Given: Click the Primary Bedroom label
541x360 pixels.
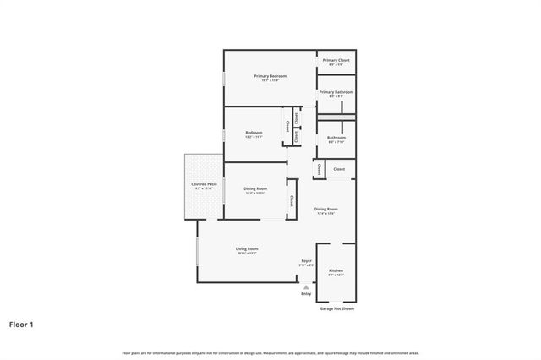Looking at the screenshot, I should [270, 76].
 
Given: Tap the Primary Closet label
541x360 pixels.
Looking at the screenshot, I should [336, 60].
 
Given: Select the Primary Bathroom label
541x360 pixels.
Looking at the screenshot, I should [336, 92].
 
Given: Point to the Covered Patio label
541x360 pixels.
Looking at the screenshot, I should [204, 183].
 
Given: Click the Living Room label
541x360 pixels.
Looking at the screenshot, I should [247, 249].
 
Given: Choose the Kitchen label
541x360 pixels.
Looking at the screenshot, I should [336, 270].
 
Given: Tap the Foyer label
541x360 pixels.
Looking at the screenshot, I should [306, 260].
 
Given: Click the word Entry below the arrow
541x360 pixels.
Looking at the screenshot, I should [306, 293].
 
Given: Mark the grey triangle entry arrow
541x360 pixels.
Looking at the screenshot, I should [306, 286].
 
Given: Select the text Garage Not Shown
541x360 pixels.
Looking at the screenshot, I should [336, 308].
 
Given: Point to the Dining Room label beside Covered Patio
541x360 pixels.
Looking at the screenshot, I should [255, 188].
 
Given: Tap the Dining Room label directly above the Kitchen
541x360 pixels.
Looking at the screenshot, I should [326, 209].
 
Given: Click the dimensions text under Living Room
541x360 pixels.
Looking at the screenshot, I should [247, 254].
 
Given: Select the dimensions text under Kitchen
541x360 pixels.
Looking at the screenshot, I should [336, 275].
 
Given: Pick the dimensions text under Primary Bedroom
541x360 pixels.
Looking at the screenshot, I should [270, 81].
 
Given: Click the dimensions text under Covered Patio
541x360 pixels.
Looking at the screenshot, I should [204, 188].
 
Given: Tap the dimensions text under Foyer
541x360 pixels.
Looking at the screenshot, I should [306, 265].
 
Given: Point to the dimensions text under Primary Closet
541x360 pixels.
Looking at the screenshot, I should [336, 65].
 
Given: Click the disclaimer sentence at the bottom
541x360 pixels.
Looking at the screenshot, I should [270, 352].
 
